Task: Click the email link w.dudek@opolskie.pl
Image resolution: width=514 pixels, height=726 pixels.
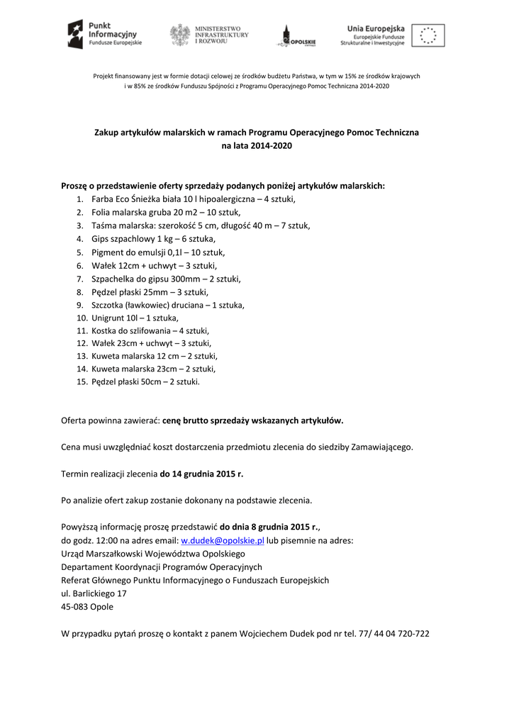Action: point(222,540)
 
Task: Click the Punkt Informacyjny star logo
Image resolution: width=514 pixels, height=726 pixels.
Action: point(75,34)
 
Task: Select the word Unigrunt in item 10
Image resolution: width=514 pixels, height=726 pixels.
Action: point(109,318)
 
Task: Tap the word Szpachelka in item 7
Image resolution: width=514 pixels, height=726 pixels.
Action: point(113,279)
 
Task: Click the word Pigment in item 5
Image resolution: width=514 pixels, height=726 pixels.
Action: point(108,252)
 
